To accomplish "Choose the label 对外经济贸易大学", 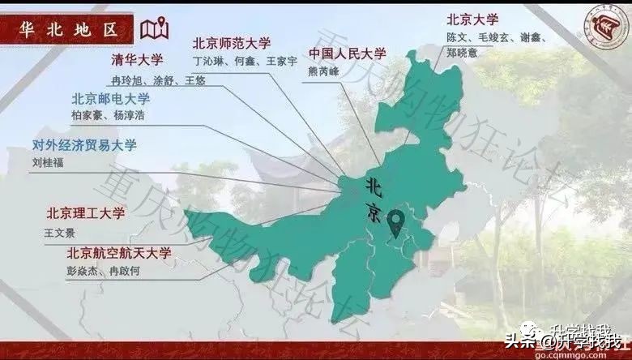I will (84, 145).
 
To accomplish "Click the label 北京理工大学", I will (85, 214).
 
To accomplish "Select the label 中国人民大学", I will (348, 54).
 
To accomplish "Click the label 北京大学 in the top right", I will (473, 18).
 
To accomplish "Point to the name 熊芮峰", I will (325, 71).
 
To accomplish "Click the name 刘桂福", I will (49, 161).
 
